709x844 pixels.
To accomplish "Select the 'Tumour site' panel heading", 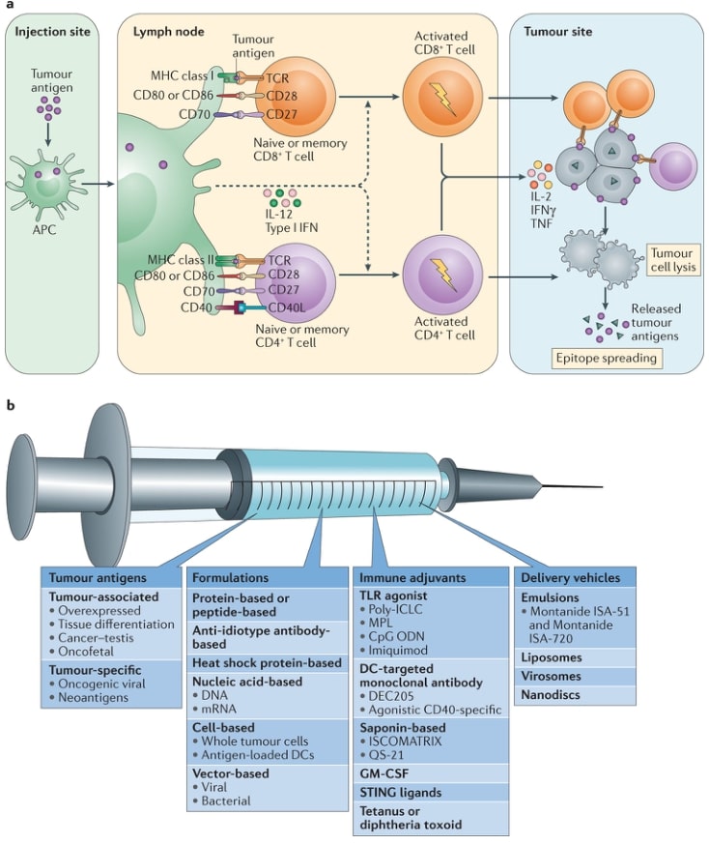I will click(557, 32).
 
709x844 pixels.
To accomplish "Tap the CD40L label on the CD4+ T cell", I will click(286, 308).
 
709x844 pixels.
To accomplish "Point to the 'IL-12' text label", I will click(279, 215).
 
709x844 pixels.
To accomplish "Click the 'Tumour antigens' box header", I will click(91, 578).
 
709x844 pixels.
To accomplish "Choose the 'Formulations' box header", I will click(230, 578).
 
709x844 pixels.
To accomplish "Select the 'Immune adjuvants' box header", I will click(399, 578).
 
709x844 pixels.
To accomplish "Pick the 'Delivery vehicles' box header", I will click(571, 578).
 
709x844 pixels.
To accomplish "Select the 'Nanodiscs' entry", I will click(552, 694).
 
